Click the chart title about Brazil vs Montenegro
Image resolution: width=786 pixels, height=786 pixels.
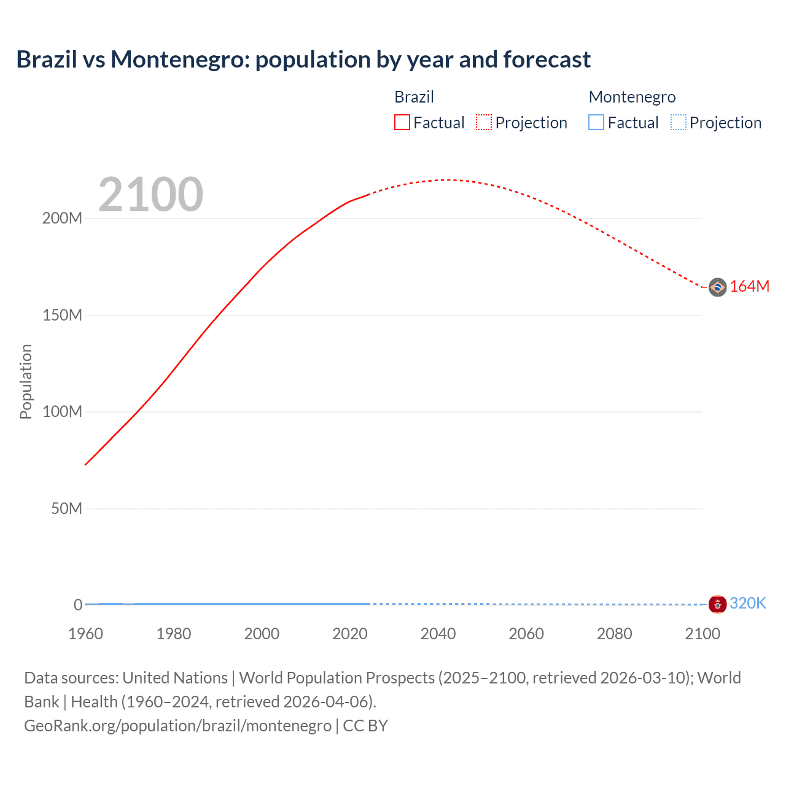[x=303, y=60]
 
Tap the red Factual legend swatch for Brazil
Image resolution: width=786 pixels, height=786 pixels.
[x=402, y=122]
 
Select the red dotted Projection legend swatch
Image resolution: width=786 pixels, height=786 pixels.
[x=484, y=122]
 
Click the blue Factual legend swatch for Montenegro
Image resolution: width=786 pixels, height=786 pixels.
[x=596, y=122]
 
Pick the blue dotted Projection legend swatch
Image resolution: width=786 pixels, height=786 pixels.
[x=679, y=122]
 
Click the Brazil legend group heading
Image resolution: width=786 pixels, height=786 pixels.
[x=414, y=97]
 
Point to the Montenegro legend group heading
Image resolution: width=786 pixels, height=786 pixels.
[x=632, y=97]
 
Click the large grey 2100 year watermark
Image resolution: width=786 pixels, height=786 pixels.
[x=150, y=194]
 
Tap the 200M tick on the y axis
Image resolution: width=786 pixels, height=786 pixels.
[x=62, y=219]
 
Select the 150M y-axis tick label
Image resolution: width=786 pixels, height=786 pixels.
[x=62, y=315]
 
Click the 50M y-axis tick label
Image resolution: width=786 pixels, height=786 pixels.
[x=66, y=508]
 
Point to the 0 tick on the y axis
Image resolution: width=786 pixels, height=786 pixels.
[x=78, y=605]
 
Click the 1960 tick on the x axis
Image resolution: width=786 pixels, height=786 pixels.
[x=85, y=634]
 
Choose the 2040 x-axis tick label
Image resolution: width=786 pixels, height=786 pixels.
[x=438, y=634]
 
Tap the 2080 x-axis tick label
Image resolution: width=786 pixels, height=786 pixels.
[x=614, y=634]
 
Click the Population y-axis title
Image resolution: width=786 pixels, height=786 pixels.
[x=26, y=381]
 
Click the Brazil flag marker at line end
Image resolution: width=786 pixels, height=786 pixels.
[x=717, y=287]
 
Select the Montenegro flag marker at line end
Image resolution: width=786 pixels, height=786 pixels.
[x=717, y=604]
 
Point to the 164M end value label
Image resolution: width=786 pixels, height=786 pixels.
[x=749, y=287]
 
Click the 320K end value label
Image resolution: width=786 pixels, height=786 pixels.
[x=748, y=604]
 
